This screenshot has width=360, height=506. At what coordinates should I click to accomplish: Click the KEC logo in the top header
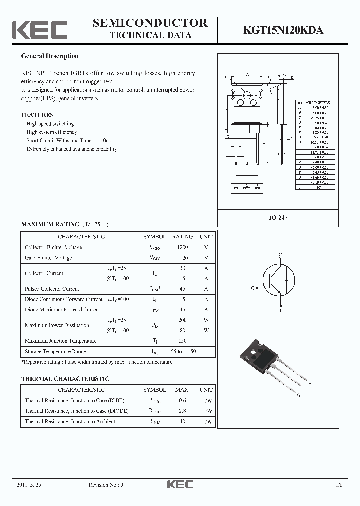(x=39, y=30)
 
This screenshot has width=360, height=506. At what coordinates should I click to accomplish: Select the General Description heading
(x=50, y=56)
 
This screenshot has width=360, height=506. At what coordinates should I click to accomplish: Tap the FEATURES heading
(x=37, y=115)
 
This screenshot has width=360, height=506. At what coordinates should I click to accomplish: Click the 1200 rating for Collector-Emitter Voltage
(x=182, y=247)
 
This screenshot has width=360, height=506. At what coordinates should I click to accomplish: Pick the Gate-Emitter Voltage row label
(x=48, y=258)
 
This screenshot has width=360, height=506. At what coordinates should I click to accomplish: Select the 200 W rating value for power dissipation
(x=182, y=319)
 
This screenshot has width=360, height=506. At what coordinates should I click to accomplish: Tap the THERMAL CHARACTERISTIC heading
(x=65, y=379)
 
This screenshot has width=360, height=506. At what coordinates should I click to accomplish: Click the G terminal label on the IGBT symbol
(x=253, y=288)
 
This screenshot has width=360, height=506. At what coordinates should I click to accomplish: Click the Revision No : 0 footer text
(x=106, y=485)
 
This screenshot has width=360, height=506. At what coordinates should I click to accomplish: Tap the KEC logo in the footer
(x=180, y=484)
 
